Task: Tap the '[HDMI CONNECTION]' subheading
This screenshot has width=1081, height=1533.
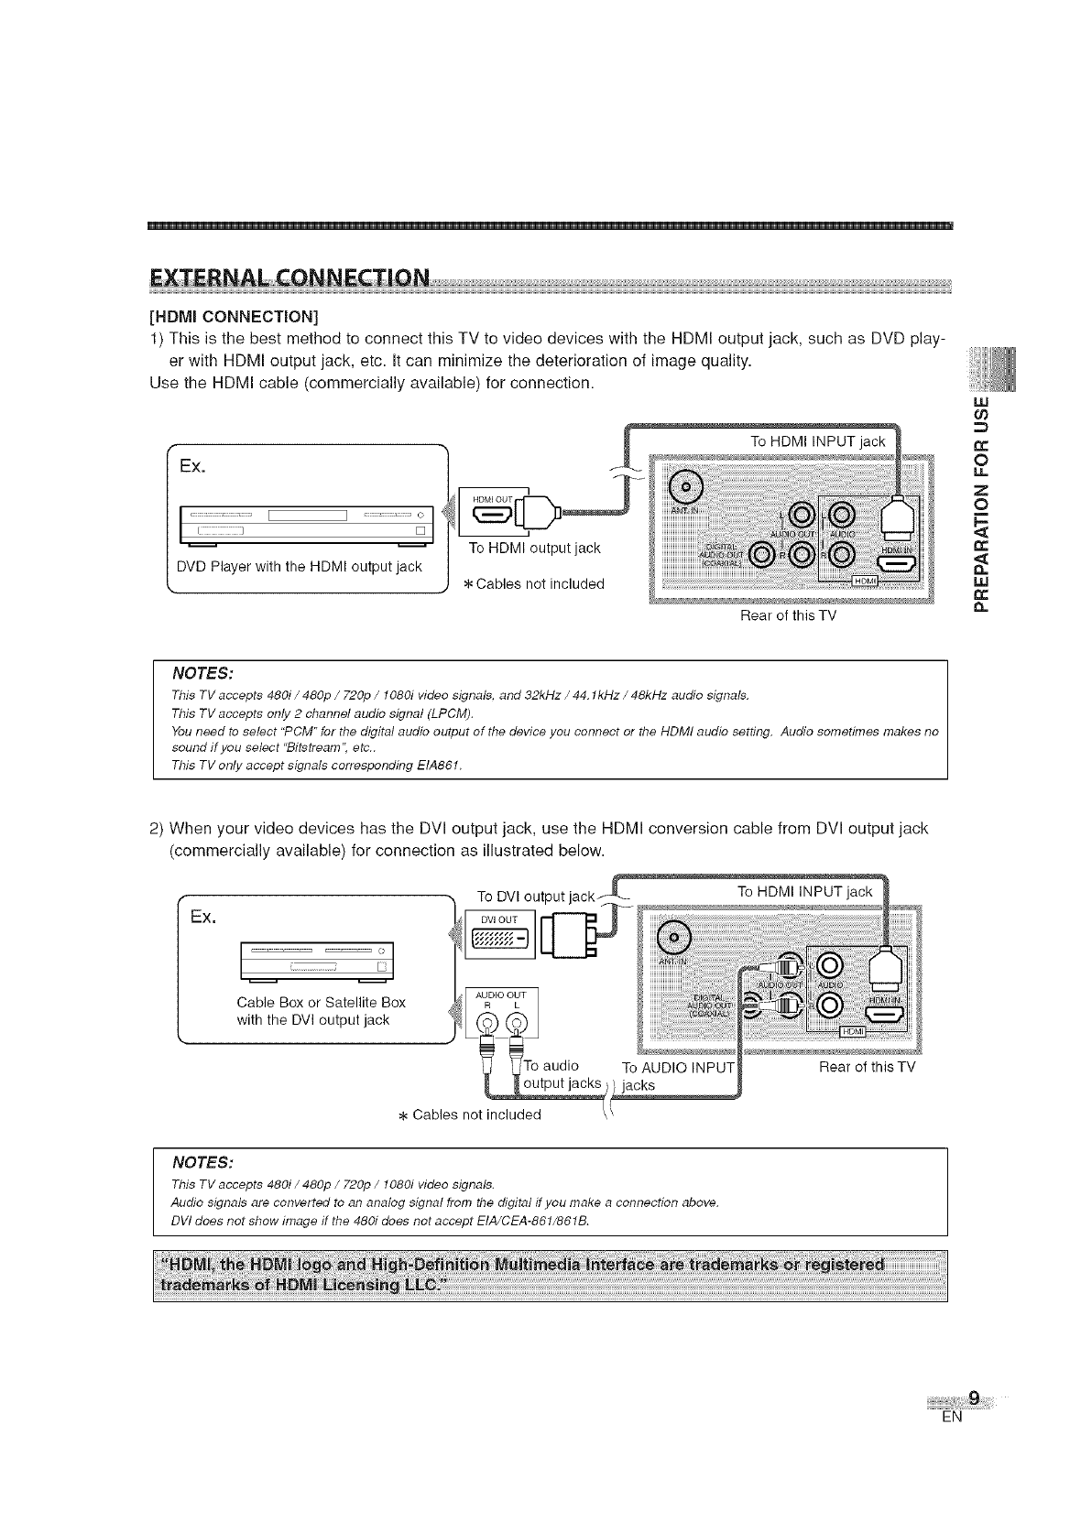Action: click(234, 318)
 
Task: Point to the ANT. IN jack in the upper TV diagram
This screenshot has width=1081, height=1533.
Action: click(685, 485)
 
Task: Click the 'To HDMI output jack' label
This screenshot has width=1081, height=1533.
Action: click(534, 548)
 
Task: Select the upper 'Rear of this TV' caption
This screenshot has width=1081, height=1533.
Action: click(788, 615)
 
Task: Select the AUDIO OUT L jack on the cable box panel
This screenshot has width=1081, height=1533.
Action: click(515, 1023)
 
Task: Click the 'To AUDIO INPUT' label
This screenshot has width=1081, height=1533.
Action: click(677, 1068)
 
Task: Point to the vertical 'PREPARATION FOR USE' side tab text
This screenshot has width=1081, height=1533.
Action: click(983, 503)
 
